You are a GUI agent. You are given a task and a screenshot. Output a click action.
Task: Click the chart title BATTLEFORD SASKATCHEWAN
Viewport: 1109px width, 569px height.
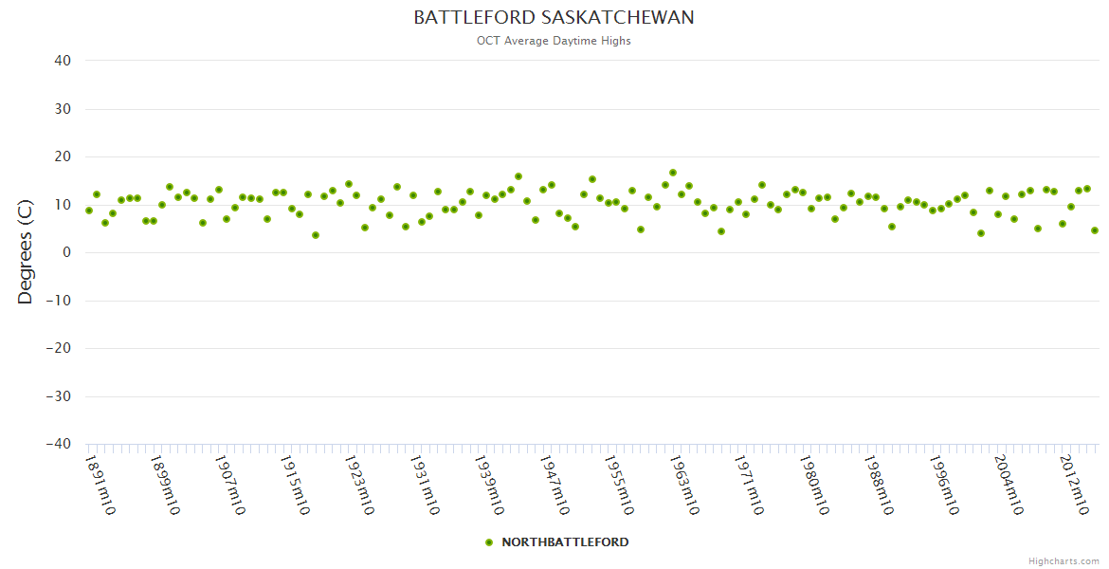pos(554,18)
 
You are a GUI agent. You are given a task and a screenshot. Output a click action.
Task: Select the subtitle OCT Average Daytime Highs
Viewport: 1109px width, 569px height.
pos(554,41)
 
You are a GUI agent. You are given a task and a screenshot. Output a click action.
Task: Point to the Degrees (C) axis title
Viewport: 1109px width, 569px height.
pos(26,251)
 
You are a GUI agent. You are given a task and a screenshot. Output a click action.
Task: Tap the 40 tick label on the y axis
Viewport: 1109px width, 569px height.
pos(63,61)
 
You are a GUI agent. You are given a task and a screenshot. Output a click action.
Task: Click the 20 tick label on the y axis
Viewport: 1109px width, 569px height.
pos(63,156)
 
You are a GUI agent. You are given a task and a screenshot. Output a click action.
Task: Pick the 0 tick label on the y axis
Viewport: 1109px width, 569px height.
pos(67,252)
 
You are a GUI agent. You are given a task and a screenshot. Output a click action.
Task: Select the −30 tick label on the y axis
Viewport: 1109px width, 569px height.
pos(59,395)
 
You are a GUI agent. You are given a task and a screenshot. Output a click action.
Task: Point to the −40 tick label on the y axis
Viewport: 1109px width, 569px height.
pos(59,444)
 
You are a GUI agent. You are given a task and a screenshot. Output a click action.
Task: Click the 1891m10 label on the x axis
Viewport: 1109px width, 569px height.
pos(100,485)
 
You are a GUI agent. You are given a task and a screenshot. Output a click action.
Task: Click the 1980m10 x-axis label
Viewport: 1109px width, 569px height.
pos(813,485)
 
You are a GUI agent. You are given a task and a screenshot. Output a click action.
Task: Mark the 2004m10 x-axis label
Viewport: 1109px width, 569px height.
pos(1008,485)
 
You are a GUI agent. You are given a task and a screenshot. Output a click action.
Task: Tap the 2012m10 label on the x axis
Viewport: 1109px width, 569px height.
pos(1072,485)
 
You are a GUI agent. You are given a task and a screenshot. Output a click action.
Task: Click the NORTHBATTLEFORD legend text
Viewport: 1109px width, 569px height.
pos(565,542)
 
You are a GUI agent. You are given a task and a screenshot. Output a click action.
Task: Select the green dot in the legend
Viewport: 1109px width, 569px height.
pos(489,542)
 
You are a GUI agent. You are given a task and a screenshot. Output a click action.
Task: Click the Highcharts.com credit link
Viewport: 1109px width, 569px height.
pos(1064,561)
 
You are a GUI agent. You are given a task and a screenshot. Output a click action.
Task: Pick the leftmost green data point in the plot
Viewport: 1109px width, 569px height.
pos(89,211)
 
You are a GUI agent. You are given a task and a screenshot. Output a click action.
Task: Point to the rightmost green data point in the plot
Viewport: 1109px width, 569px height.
pos(1095,230)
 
